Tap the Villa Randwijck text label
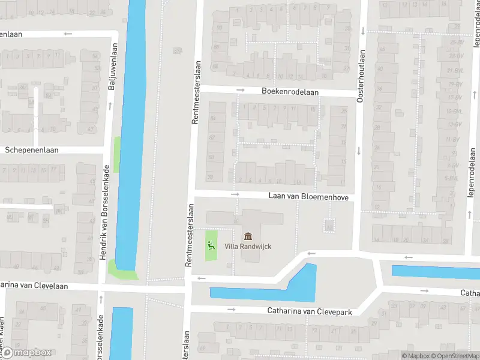[248, 246]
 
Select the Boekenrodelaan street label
[290, 92]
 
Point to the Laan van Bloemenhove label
[308, 197]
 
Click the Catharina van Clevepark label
[309, 311]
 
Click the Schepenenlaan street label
[32, 150]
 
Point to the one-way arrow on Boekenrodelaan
[241, 90]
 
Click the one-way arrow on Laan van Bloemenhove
[235, 194]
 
